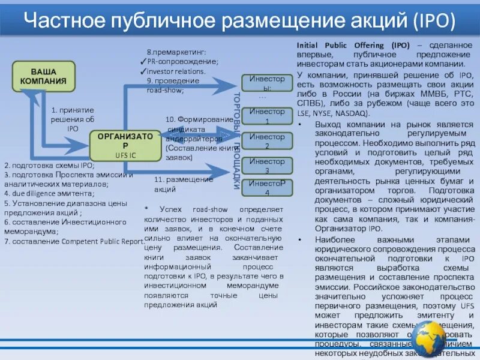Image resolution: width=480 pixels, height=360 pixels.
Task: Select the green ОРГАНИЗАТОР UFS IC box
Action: click(125, 145)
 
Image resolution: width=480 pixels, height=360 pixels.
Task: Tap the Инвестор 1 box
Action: click(267, 116)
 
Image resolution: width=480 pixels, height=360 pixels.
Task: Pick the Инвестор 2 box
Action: click(267, 141)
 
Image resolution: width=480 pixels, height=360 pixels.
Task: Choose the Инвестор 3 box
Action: click(267, 166)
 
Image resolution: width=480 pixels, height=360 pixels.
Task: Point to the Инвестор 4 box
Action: click(267, 187)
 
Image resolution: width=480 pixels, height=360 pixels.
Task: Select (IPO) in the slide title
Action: click(433, 22)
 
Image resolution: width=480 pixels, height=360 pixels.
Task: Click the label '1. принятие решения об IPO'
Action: click(73, 119)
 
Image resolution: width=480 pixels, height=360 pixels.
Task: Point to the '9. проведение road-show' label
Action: click(173, 85)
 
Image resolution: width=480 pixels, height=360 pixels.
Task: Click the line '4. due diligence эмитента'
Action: click(50, 194)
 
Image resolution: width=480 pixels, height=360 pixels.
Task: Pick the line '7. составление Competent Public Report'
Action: click(73, 241)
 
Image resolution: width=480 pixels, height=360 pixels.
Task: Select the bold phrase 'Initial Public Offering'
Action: click(343, 45)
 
